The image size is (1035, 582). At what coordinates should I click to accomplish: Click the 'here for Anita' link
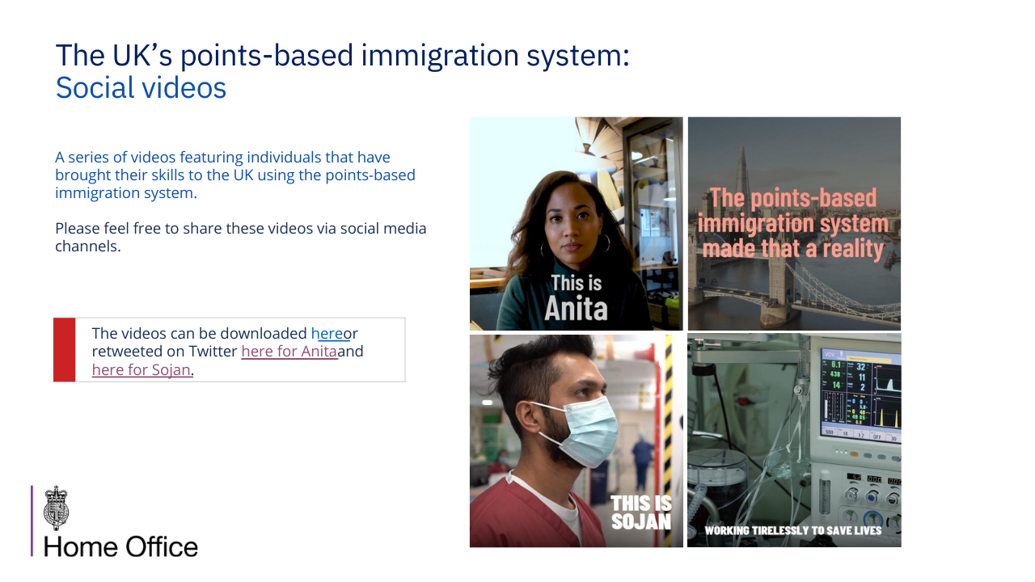(x=289, y=352)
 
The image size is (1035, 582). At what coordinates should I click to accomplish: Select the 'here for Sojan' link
(x=142, y=369)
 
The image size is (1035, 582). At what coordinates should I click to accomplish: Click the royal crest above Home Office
(x=56, y=508)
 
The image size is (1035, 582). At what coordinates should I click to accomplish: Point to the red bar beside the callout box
(x=64, y=350)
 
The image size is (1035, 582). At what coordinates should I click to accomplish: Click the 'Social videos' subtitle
(x=141, y=88)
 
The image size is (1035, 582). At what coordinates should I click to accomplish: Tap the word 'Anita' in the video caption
(x=576, y=309)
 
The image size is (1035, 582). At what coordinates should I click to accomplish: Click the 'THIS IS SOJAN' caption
(x=641, y=512)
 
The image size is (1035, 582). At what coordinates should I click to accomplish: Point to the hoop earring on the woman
(x=604, y=243)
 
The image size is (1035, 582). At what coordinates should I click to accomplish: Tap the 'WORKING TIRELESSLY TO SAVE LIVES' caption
(x=793, y=531)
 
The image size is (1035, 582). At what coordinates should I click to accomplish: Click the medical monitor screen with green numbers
(x=860, y=395)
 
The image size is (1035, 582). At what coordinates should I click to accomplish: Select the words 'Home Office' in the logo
(x=120, y=547)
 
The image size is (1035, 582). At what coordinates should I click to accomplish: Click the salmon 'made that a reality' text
(x=793, y=249)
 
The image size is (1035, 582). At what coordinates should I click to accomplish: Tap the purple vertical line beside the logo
(x=32, y=521)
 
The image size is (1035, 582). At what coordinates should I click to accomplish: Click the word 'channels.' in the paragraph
(x=88, y=247)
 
